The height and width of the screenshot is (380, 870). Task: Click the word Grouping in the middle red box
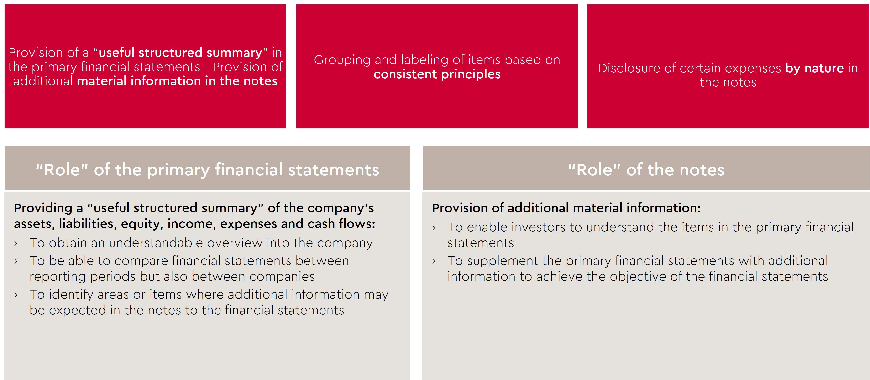tap(342, 60)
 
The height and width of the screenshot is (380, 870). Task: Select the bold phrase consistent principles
tap(437, 74)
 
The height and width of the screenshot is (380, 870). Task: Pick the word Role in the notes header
tap(594, 169)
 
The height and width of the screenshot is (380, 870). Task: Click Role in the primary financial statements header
tap(62, 169)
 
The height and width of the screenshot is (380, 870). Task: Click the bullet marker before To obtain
tap(16, 243)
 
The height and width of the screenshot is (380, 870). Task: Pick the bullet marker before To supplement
tap(434, 261)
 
